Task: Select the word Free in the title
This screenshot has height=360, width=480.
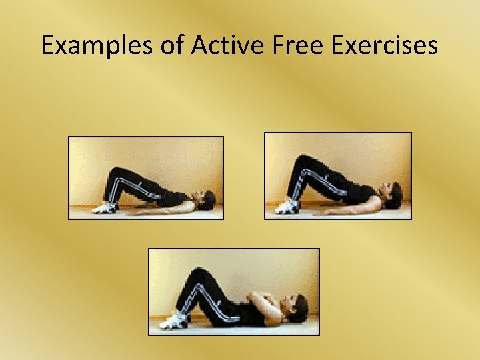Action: (295, 45)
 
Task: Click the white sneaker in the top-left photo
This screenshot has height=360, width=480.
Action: (105, 208)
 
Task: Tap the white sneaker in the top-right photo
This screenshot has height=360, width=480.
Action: (287, 207)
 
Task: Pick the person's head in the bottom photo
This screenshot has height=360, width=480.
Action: (296, 309)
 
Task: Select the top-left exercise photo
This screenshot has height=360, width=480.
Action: (146, 177)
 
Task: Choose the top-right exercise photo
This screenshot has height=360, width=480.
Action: (338, 175)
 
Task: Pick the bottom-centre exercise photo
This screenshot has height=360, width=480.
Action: (233, 291)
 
